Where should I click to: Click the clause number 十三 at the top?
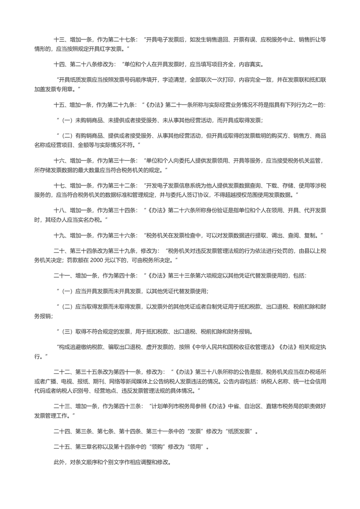point(59,39)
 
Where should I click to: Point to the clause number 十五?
point(59,105)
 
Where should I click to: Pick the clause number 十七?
point(59,186)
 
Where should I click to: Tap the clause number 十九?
point(59,236)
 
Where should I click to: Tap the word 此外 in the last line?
point(59,463)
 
